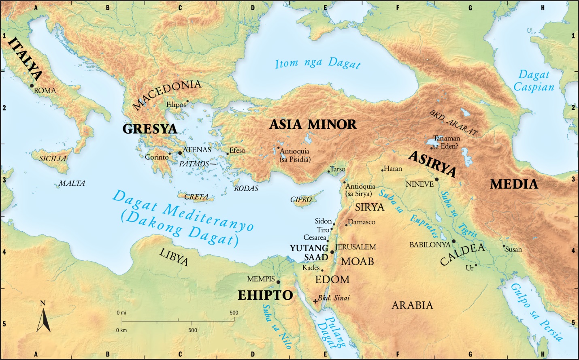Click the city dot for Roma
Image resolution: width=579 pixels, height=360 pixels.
click(32, 85)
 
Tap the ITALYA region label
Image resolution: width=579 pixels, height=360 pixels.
click(25, 58)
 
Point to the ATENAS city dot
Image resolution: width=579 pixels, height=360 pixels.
click(180, 153)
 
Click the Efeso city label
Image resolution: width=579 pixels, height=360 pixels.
click(237, 150)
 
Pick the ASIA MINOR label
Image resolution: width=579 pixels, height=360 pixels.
click(313, 124)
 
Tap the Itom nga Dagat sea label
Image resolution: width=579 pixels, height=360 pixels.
click(317, 63)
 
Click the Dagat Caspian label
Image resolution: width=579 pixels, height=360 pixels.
click(534, 81)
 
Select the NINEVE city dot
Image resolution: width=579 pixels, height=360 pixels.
click(436, 179)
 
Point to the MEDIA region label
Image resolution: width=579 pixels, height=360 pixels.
click(514, 184)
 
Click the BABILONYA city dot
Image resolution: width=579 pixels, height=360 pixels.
click(453, 241)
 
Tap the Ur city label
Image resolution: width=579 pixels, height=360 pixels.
click(469, 268)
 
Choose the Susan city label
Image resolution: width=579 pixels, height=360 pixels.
click(513, 249)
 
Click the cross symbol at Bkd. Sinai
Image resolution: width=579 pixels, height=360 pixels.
click(315, 301)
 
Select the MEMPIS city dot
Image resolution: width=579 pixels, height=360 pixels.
click(278, 282)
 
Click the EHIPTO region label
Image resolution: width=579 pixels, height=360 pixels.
click(265, 295)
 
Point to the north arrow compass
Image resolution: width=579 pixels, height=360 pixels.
click(43, 318)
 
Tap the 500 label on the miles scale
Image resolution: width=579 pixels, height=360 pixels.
click(234, 313)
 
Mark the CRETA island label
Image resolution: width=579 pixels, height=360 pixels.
click(196, 197)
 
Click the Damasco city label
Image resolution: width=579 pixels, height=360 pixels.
click(362, 222)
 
